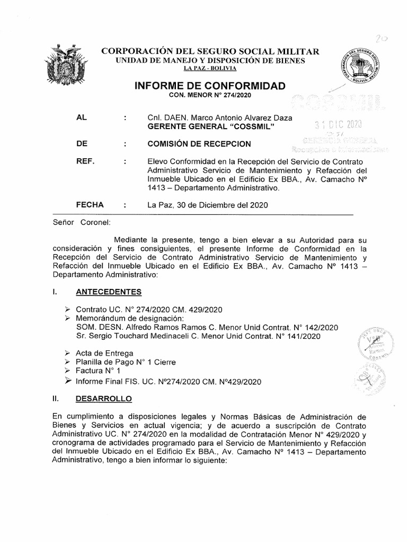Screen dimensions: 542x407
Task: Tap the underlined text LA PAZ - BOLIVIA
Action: pos(210,69)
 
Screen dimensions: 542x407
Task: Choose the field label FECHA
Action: pos(90,204)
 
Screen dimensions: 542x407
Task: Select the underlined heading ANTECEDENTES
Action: pos(109,291)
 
